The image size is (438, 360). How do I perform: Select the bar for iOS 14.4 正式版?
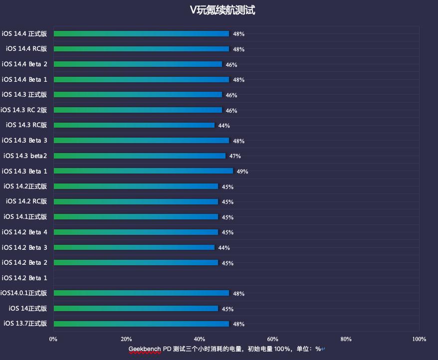(x=141, y=34)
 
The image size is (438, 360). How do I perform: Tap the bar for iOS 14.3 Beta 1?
(x=143, y=171)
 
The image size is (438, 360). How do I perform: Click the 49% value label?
(x=242, y=172)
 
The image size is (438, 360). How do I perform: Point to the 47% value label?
(x=235, y=156)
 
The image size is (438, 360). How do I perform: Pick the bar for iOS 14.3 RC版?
(x=134, y=125)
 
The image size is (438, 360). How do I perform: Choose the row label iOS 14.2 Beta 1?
(x=24, y=278)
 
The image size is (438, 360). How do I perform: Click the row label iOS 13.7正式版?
(x=25, y=324)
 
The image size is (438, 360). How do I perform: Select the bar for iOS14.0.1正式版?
(x=141, y=293)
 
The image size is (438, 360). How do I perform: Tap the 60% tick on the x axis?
(x=272, y=339)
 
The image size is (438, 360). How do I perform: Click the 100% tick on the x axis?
(x=419, y=339)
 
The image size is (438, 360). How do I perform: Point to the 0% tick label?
(x=53, y=339)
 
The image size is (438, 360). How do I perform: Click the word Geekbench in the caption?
(x=145, y=349)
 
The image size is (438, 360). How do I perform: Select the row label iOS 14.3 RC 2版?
(x=24, y=110)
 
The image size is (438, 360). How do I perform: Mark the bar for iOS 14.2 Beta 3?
(x=134, y=247)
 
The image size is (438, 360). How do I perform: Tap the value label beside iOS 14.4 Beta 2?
(x=231, y=65)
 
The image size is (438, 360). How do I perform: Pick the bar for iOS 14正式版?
(x=136, y=309)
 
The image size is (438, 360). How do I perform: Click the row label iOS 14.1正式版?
(x=25, y=217)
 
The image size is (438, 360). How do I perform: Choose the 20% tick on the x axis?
(x=126, y=339)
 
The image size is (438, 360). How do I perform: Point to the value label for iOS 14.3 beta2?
(x=235, y=156)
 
